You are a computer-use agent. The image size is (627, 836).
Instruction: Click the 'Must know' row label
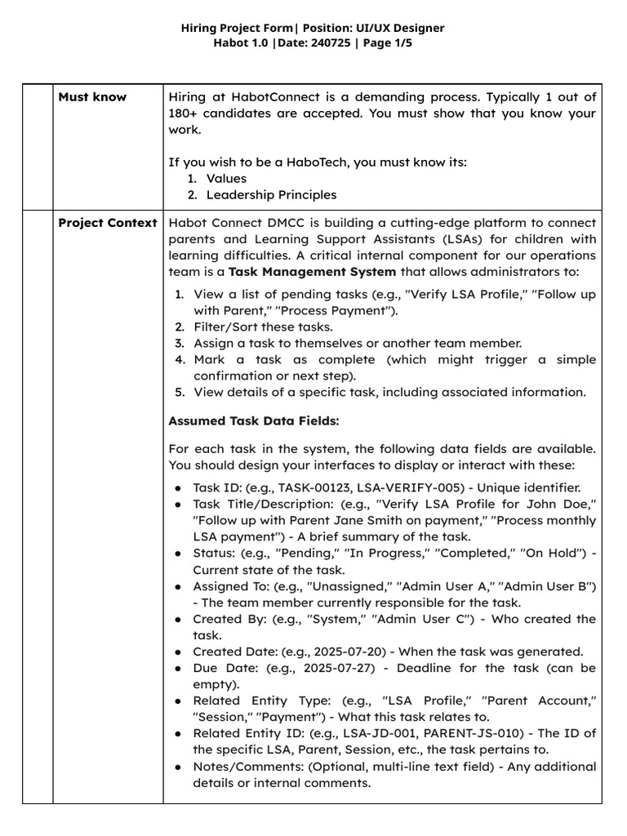(92, 97)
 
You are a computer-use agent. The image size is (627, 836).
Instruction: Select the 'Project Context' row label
(108, 223)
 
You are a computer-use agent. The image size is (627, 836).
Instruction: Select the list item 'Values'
(226, 178)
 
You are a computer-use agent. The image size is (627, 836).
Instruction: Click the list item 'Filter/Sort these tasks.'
(259, 327)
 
